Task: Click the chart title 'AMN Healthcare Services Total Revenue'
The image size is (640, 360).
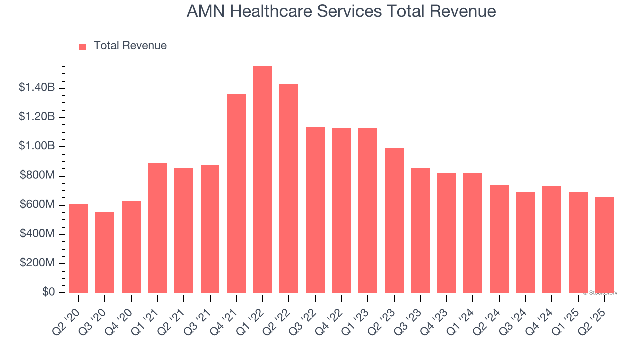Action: coord(341,11)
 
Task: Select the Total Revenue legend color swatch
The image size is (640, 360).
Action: coord(83,46)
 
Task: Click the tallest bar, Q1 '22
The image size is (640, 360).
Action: coord(263,179)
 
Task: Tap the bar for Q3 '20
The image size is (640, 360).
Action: coord(105,252)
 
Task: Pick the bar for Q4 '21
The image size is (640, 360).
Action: coord(236,193)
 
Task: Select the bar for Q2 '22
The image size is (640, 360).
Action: coord(289,188)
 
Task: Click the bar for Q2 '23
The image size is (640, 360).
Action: coord(394,220)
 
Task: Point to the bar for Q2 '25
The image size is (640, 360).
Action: coord(604,245)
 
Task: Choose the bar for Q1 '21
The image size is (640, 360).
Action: coord(157,228)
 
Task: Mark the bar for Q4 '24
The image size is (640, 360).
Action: coord(552,239)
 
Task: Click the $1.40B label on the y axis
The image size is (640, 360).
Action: coord(37,88)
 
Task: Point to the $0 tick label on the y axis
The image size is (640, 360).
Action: coord(49,292)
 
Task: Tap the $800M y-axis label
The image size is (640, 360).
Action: coord(37,176)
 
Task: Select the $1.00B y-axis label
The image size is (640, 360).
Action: coord(37,146)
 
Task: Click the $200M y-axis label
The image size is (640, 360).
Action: coord(37,263)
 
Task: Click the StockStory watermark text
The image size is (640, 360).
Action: coord(600,293)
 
